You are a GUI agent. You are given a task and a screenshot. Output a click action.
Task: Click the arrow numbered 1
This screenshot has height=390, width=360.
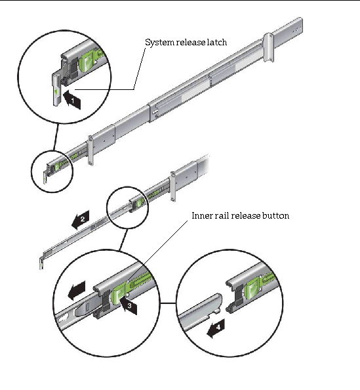[72, 100]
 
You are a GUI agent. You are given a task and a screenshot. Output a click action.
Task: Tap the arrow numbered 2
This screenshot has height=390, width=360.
[81, 220]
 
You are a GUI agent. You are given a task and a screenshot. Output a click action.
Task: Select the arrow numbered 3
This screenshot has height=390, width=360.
[129, 305]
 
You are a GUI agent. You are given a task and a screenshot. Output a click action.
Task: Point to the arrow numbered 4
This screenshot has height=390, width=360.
[216, 328]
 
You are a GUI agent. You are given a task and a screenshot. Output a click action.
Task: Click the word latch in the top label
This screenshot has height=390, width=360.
[217, 42]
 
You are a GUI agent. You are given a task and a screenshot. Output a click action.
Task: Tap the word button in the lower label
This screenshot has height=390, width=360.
[276, 215]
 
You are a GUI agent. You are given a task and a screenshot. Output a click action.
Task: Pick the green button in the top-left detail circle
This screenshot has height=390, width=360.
[86, 64]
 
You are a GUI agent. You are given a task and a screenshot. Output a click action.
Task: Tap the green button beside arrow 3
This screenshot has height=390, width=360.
[119, 295]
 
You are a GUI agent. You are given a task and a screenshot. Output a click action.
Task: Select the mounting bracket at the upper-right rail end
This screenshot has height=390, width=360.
[269, 47]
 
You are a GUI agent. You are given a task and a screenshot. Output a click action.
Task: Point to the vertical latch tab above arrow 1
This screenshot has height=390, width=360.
[56, 89]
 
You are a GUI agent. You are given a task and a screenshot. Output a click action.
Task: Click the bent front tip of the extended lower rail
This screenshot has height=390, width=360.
[42, 263]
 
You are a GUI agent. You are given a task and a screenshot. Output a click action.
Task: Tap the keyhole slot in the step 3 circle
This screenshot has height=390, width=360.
[63, 318]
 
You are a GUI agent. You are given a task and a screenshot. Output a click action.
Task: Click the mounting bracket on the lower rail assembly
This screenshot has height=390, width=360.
[173, 186]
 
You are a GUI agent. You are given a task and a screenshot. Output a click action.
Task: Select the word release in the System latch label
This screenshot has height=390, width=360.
[191, 42]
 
